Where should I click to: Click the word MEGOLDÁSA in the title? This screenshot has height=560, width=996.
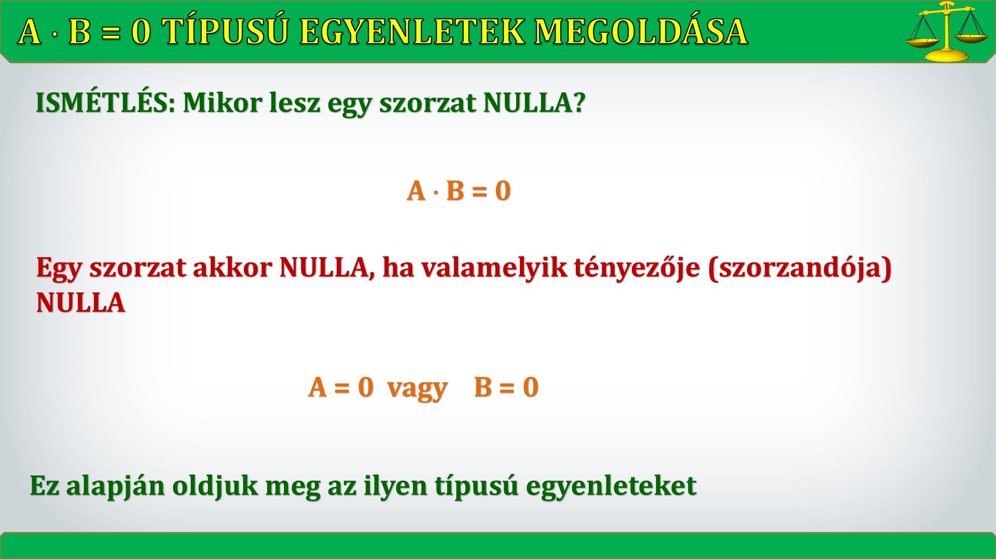pyautogui.click(x=642, y=31)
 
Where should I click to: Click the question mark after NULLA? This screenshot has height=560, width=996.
pyautogui.click(x=579, y=103)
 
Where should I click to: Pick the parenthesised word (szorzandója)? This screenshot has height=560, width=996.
pyautogui.click(x=800, y=268)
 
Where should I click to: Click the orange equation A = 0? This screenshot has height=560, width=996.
pyautogui.click(x=341, y=387)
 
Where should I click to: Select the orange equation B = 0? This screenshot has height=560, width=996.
pyautogui.click(x=506, y=387)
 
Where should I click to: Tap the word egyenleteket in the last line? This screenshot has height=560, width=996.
pyautogui.click(x=611, y=486)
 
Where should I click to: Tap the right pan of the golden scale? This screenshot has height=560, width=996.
pyautogui.click(x=972, y=37)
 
